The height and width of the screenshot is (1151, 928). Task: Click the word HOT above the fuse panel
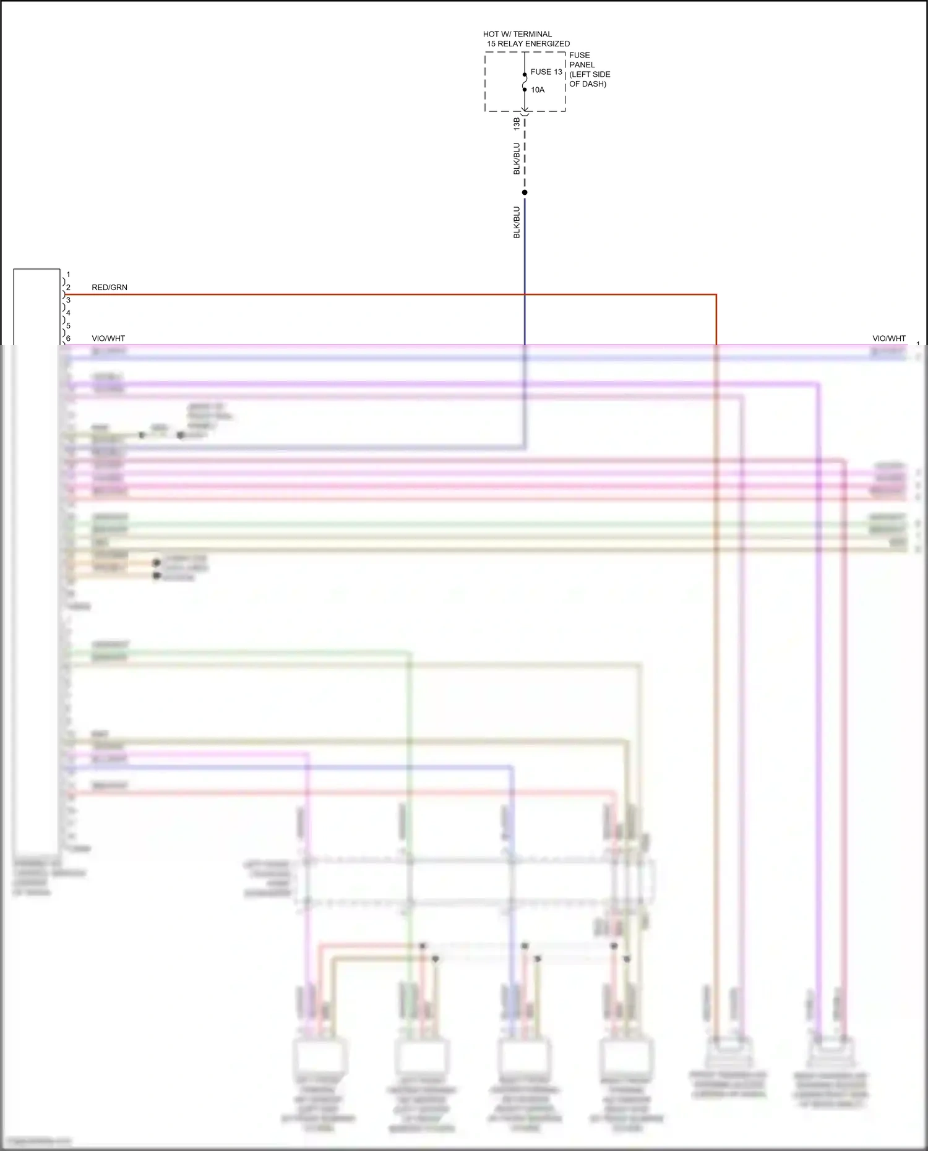click(x=491, y=34)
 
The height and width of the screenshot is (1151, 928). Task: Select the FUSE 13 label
click(x=546, y=72)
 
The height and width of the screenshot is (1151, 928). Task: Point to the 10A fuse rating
click(x=538, y=90)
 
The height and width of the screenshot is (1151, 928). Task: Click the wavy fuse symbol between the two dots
click(x=525, y=82)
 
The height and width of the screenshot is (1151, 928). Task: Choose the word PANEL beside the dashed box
click(x=582, y=64)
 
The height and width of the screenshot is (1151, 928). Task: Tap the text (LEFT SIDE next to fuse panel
click(x=590, y=74)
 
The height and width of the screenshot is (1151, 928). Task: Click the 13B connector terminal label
click(x=517, y=124)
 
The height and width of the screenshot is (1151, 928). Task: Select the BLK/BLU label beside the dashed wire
click(x=517, y=159)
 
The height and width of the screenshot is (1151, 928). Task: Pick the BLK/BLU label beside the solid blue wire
click(x=517, y=223)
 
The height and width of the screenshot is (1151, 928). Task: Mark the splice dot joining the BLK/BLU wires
click(x=525, y=192)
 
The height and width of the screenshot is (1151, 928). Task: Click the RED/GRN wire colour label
click(x=110, y=288)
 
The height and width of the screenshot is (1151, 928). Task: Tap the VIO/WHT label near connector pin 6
click(x=108, y=338)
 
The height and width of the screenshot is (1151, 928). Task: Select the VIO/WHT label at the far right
click(x=888, y=338)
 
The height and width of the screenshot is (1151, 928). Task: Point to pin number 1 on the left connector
click(x=68, y=275)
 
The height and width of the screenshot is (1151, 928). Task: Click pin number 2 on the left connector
click(x=68, y=288)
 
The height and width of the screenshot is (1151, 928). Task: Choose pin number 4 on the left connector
click(x=68, y=313)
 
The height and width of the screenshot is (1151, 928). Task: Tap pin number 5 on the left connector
click(x=68, y=325)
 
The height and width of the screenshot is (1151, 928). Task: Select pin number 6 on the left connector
click(x=68, y=338)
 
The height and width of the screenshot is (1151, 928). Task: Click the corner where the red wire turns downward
click(x=716, y=294)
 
